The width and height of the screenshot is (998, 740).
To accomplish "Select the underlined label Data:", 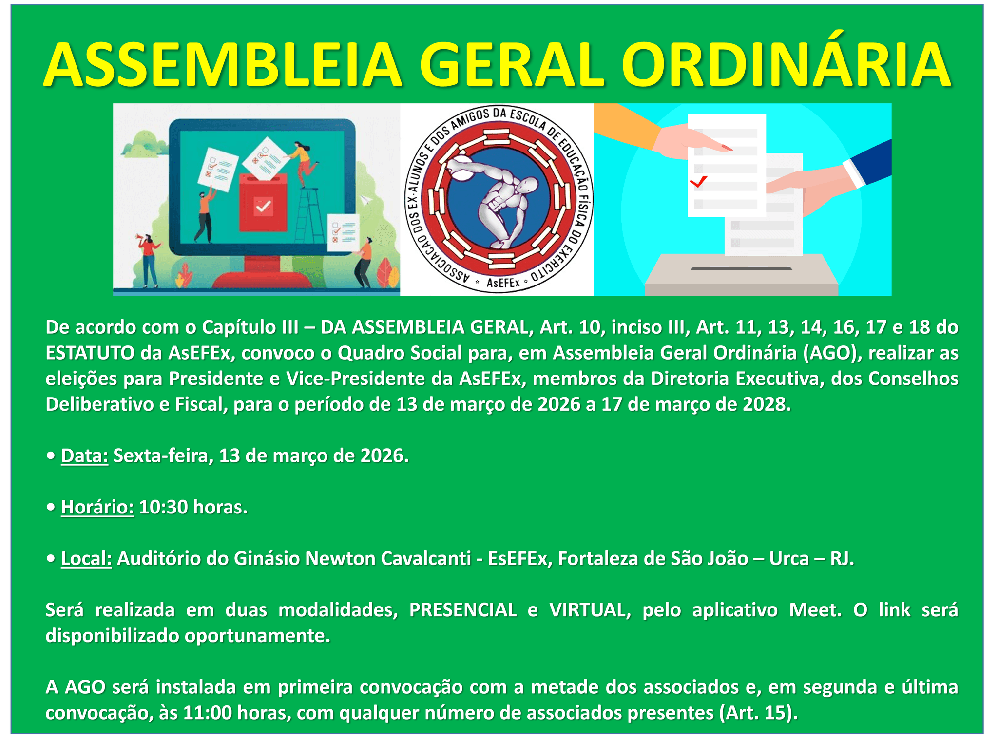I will (x=84, y=456).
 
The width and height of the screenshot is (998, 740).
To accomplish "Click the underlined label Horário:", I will (x=97, y=508).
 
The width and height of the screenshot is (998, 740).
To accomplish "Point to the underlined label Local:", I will (x=86, y=559).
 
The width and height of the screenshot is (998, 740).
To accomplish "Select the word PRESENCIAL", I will (x=462, y=610).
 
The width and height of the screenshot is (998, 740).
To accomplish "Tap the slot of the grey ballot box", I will (x=741, y=268).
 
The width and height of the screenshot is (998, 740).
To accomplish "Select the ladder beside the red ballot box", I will (x=309, y=214).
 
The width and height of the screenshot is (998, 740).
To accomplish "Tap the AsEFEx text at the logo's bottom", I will (x=503, y=283).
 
